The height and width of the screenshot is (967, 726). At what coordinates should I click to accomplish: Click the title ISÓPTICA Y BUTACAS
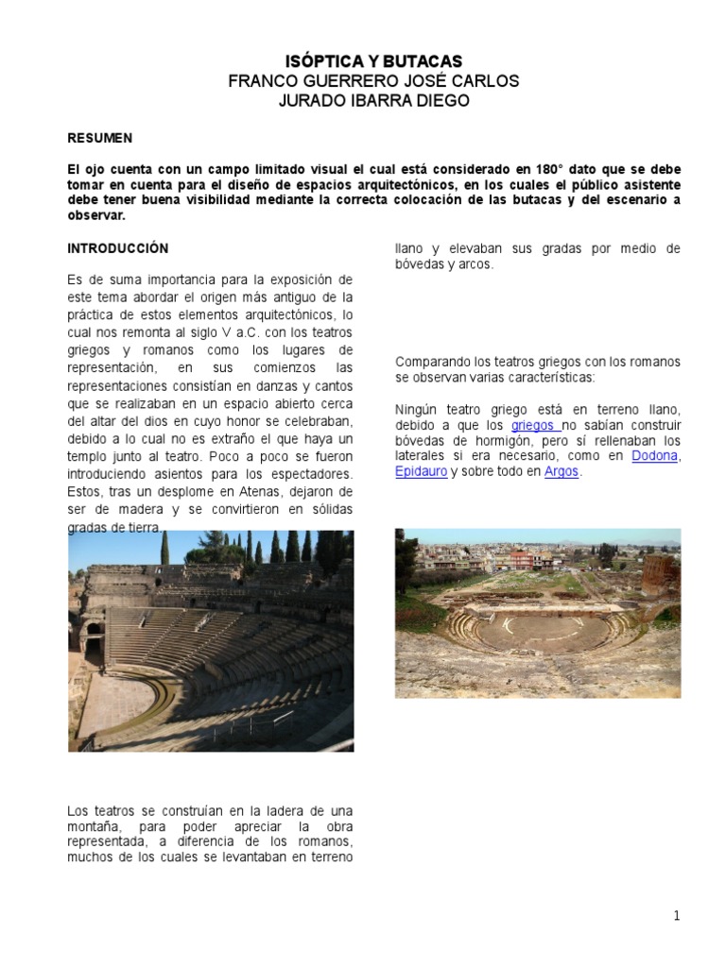[373, 61]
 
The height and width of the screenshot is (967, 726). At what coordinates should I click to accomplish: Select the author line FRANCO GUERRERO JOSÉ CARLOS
[373, 81]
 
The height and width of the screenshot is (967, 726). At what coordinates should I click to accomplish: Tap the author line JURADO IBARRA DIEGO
[373, 101]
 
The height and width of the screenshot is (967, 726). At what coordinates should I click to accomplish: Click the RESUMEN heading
[99, 138]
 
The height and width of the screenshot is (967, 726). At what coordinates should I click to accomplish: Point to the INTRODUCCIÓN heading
[117, 249]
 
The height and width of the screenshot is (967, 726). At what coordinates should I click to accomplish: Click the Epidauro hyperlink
[421, 472]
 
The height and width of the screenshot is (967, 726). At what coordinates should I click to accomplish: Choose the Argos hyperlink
[562, 472]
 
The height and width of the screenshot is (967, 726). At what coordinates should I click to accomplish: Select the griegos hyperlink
[533, 425]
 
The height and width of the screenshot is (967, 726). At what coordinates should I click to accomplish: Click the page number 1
[677, 915]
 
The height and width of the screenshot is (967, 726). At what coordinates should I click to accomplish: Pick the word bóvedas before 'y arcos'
[421, 265]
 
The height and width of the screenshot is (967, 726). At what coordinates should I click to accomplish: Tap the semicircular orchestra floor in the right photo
[536, 630]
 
